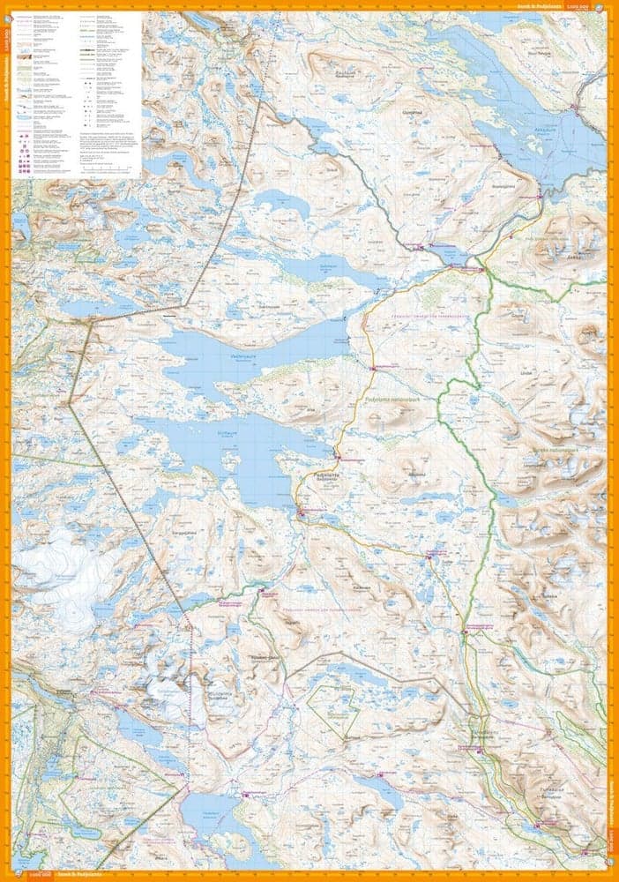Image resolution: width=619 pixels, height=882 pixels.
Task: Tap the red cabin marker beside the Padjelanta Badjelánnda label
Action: click(301, 510)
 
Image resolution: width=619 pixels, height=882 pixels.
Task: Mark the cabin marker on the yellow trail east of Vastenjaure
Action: click(373, 368)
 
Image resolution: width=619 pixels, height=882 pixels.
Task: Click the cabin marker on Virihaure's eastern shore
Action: click(337, 457)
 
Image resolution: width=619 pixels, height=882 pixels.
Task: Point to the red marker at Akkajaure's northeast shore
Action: click(575, 108)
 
